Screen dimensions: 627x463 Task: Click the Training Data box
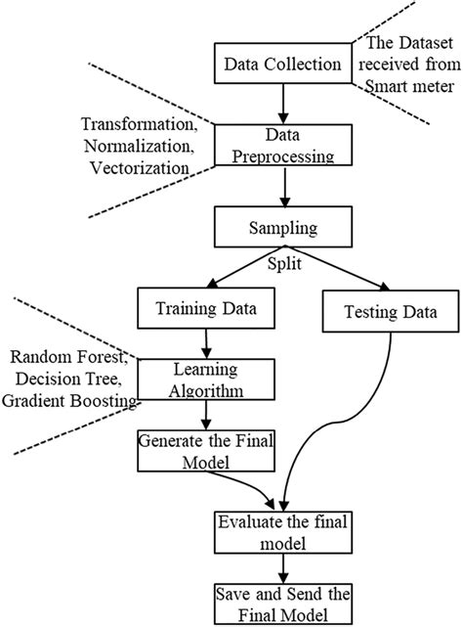coord(207,310)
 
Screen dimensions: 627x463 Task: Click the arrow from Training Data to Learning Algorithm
coord(206,344)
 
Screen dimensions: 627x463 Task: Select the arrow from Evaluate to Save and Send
coord(282,570)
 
